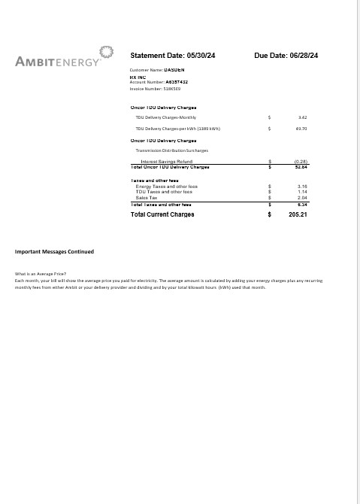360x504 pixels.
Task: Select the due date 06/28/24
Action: [303, 56]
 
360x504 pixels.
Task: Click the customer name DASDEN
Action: [164, 69]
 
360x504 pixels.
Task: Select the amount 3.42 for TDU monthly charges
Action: [302, 118]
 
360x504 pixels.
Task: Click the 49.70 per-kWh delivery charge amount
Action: [301, 129]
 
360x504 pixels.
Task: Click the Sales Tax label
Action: [147, 197]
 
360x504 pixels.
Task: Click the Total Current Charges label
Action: [162, 215]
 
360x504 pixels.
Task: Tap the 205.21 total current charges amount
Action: [299, 215]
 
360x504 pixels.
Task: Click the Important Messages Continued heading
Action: [55, 251]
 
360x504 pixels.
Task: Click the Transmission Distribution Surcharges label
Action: [171, 150]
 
